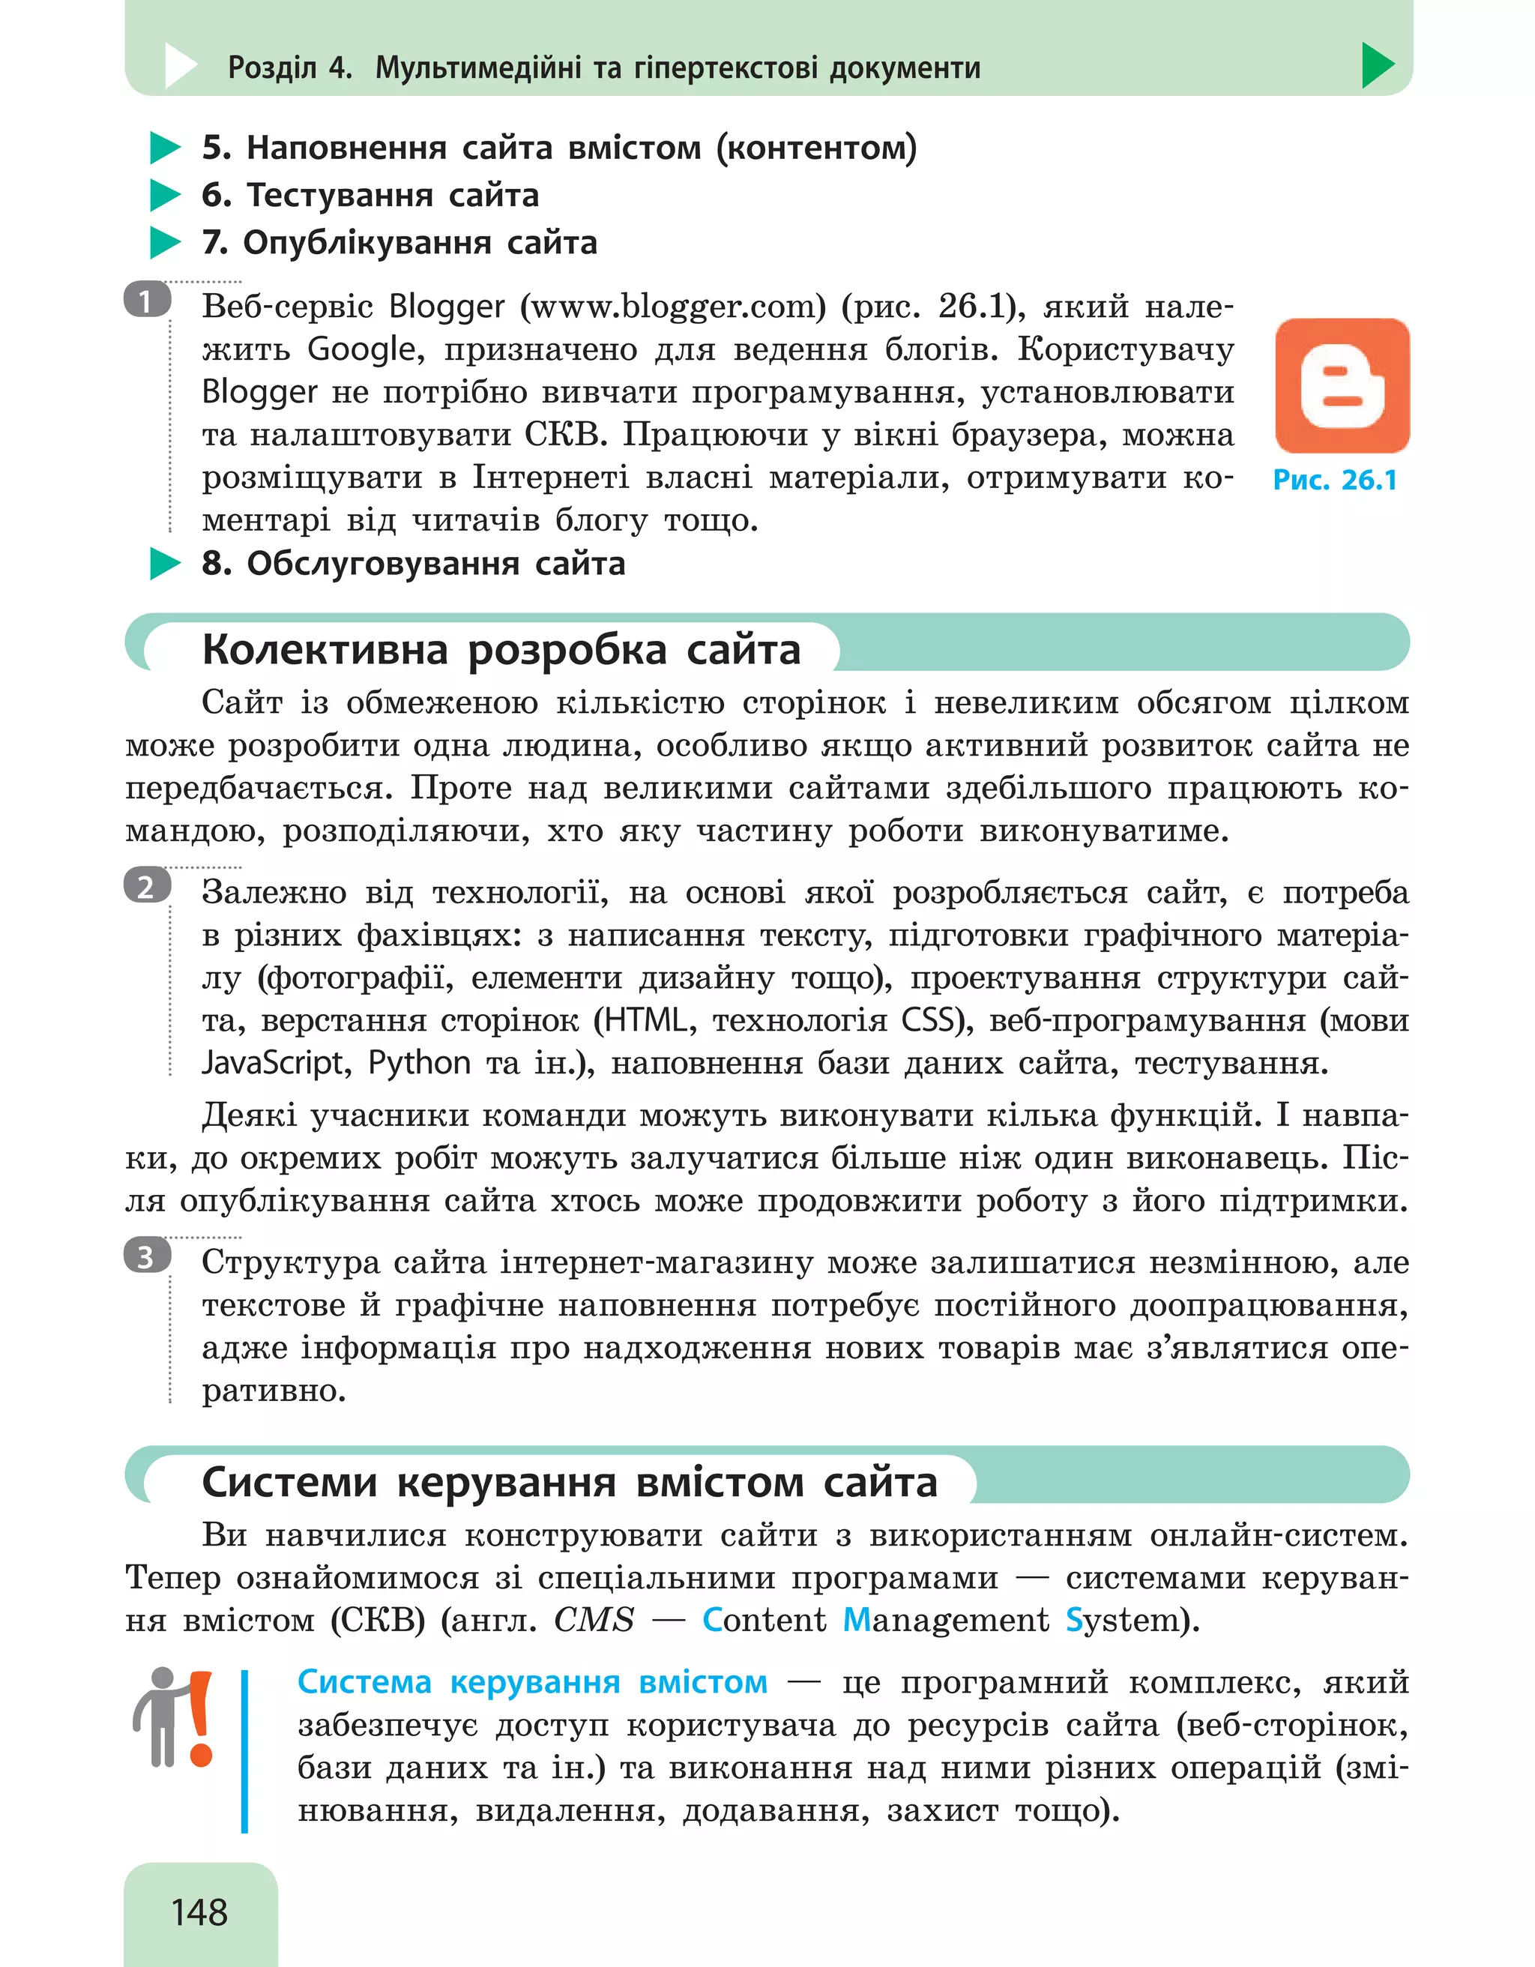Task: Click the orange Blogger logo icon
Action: point(1342,385)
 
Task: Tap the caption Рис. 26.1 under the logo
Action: point(1334,480)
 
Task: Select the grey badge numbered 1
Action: point(147,301)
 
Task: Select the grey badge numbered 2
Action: point(147,886)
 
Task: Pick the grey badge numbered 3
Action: point(147,1256)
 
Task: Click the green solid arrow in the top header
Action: point(1377,66)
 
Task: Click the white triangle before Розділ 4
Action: point(180,66)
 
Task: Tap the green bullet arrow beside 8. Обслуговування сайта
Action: point(165,564)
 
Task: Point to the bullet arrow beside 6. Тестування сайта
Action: point(165,196)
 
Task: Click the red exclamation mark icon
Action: point(200,1717)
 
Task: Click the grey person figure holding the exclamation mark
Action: point(160,1716)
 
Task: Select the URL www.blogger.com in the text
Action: point(675,307)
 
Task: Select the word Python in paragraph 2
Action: point(419,1064)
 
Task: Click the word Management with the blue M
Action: point(945,1620)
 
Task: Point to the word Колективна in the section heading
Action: point(325,650)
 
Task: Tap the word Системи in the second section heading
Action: point(289,1483)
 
